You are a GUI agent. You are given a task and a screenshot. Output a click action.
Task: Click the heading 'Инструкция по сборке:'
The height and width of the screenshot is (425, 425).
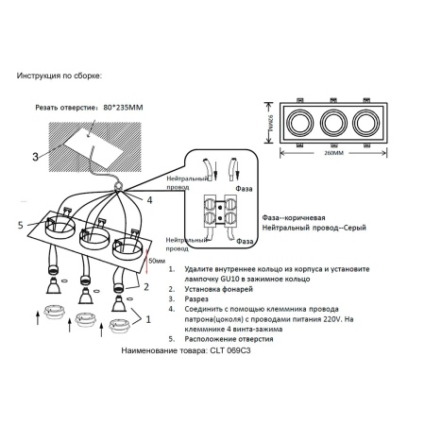(x=60, y=75)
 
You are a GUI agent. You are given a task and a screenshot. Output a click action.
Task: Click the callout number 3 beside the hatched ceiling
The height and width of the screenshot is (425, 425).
(x=35, y=158)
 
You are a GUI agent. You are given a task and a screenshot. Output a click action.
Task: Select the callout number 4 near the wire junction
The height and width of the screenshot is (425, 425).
(x=148, y=199)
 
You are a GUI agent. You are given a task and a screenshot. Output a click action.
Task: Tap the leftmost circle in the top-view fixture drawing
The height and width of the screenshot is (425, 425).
(x=301, y=122)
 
